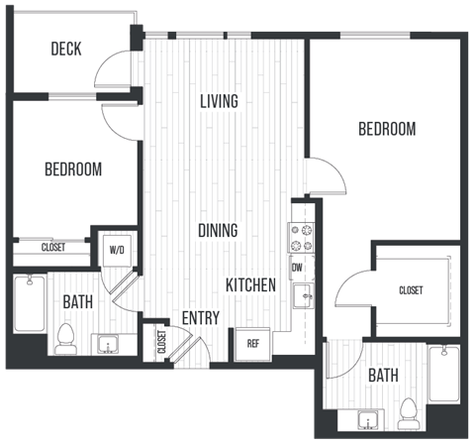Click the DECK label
[x=65, y=49]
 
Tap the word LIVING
[x=220, y=101]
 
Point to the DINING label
[x=218, y=231]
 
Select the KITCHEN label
[x=250, y=285]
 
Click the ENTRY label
[x=200, y=318]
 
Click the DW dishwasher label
[x=297, y=268]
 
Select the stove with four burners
[x=300, y=237]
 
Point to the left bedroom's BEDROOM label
[x=73, y=169]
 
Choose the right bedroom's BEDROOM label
[x=386, y=129]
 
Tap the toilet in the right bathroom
[x=406, y=411]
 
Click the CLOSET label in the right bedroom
[x=411, y=290]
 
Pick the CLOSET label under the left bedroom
[x=53, y=248]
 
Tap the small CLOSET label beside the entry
[x=161, y=343]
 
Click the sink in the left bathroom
[x=107, y=344]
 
